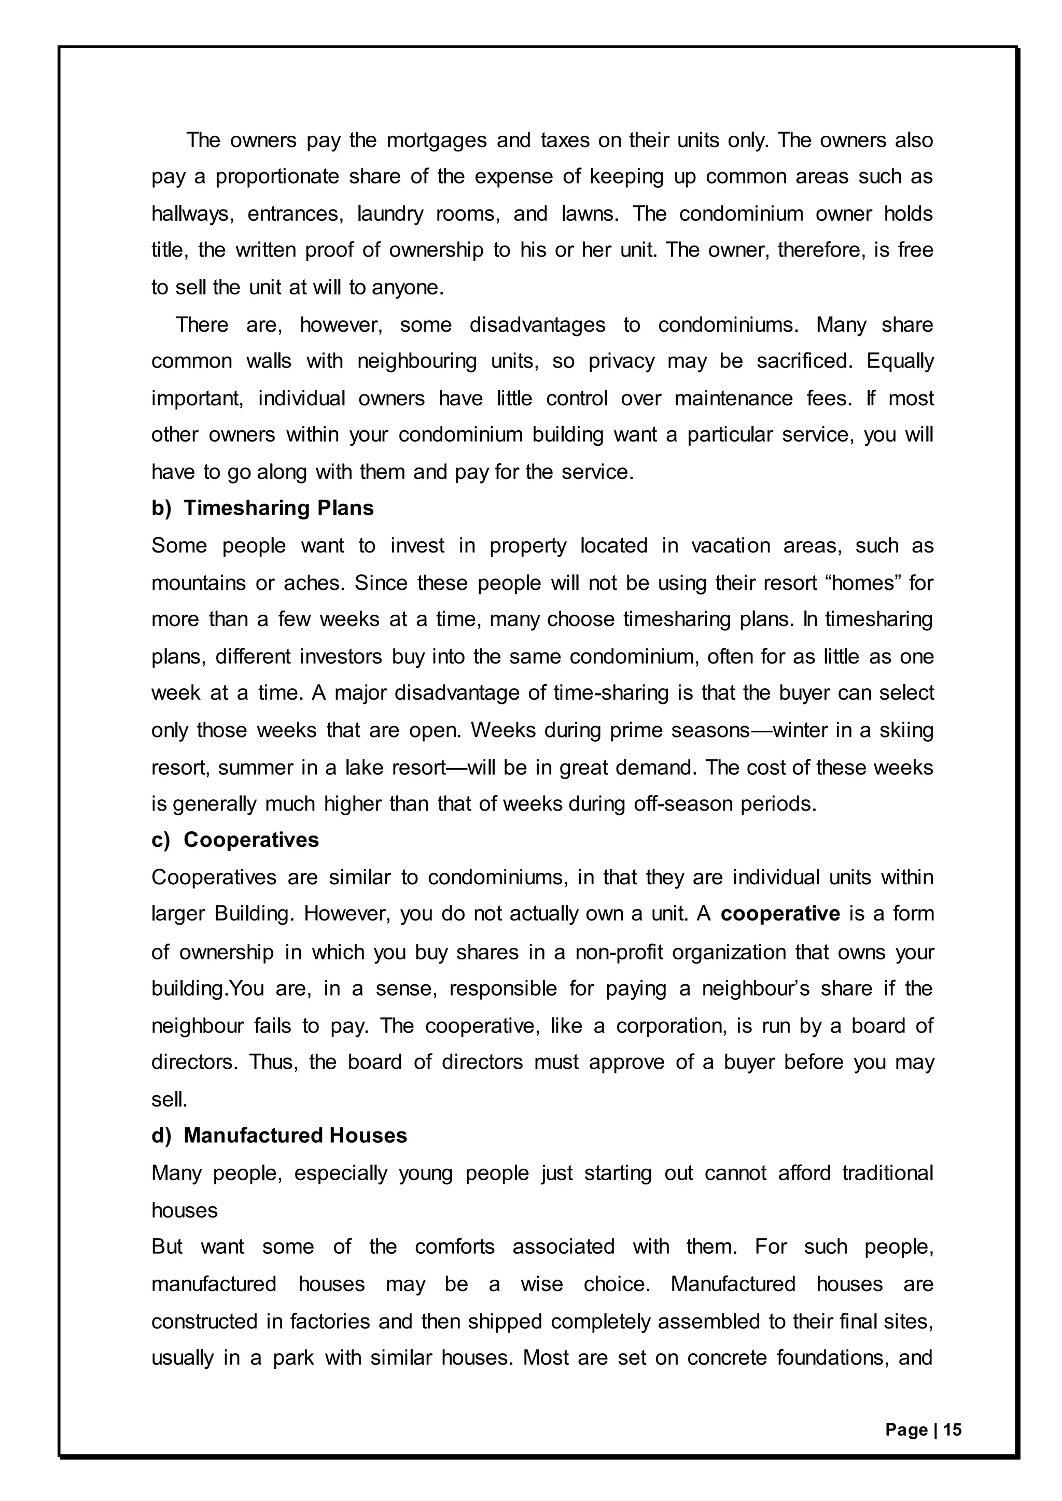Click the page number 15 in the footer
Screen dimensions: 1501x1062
(x=953, y=1430)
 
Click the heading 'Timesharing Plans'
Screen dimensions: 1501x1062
(x=278, y=508)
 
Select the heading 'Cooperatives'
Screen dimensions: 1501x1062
(x=251, y=840)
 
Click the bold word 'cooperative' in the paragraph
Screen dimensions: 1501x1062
(x=780, y=913)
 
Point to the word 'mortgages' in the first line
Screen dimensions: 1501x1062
(x=437, y=140)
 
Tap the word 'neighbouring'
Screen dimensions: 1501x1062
(x=417, y=362)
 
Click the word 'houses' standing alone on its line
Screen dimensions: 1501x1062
(x=185, y=1210)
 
